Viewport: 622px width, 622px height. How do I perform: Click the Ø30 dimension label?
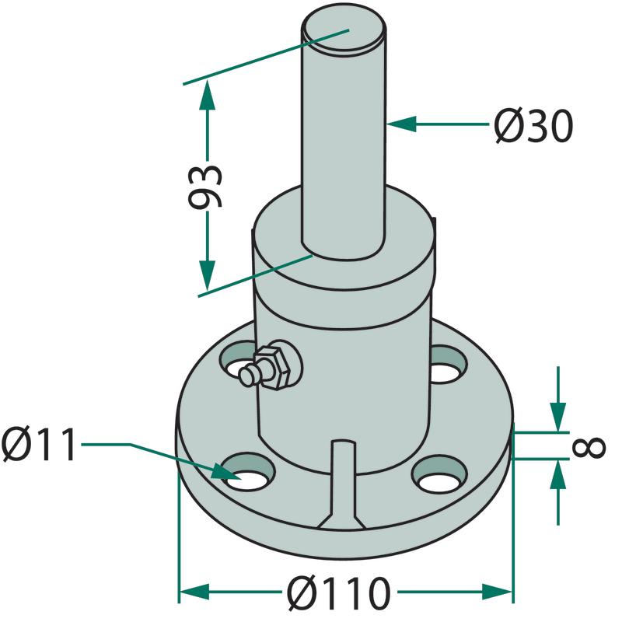533,126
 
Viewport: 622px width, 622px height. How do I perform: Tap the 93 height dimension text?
204,187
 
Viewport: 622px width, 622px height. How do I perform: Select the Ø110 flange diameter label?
339,592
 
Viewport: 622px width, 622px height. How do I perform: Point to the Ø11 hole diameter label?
39,444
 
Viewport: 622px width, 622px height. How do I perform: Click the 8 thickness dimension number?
589,448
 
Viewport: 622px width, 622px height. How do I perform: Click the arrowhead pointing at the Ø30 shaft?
401,124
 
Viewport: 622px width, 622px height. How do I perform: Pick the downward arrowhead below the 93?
207,275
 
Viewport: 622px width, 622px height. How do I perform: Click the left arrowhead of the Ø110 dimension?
194,592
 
